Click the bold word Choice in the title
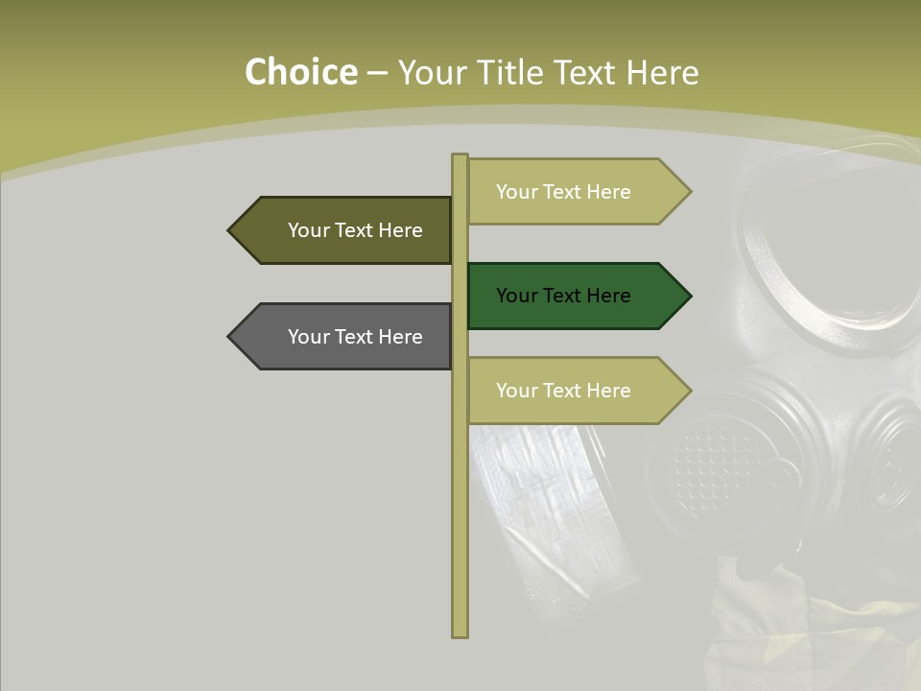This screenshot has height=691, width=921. tap(300, 73)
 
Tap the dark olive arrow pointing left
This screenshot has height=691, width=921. tap(345, 230)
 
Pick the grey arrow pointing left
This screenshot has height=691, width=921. tap(345, 337)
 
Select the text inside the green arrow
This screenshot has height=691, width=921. tap(563, 296)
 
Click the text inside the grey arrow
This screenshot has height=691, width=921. tap(355, 337)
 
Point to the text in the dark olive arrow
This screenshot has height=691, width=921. tap(355, 230)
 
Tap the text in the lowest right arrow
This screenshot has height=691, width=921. tap(563, 391)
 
